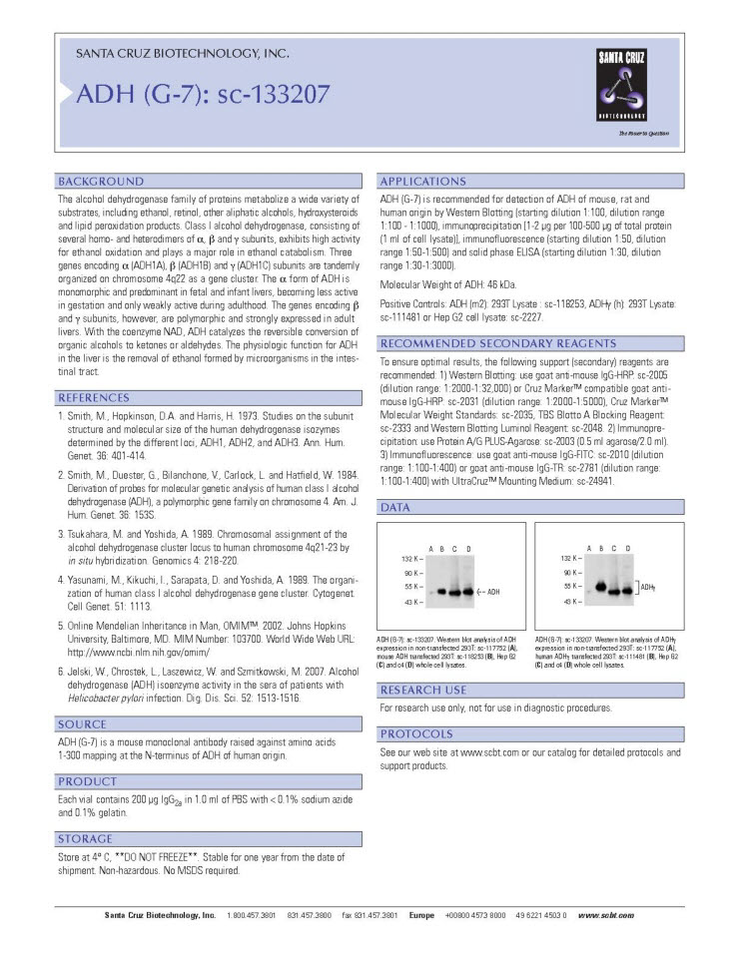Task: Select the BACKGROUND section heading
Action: tap(101, 182)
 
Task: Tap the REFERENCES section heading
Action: tap(100, 398)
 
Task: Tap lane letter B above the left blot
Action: tap(441, 549)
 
